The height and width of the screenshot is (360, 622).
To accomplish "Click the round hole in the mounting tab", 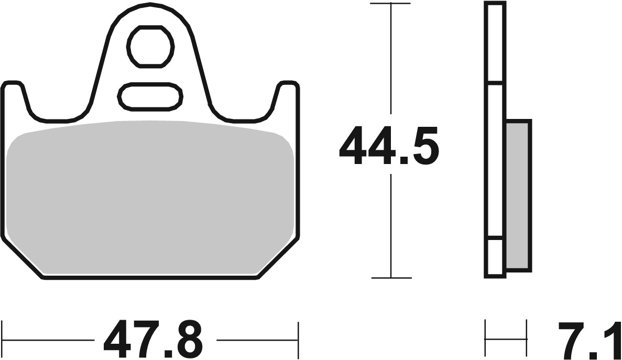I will pos(151,47).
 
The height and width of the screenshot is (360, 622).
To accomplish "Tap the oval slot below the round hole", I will pos(151,96).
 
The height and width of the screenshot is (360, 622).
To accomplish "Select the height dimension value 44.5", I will pos(388,146).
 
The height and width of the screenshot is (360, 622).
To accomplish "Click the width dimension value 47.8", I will pos(152,339).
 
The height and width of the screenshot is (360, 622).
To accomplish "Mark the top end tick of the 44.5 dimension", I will pos(390,4).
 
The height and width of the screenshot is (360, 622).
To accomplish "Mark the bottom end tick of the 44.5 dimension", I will pos(390,278).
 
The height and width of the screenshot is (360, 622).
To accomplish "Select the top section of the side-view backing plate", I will pos(495,42).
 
